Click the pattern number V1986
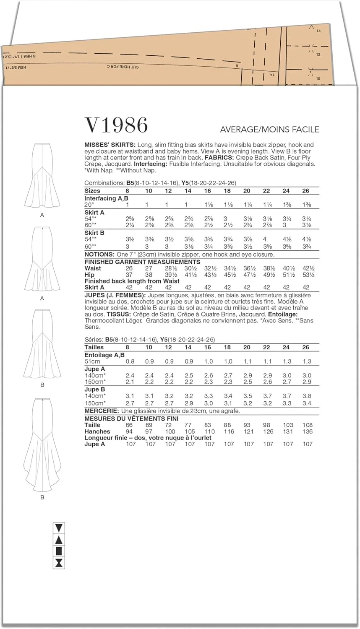click(116, 125)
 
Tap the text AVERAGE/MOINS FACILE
click(269, 129)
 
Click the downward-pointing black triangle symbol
click(59, 528)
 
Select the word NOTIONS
click(99, 254)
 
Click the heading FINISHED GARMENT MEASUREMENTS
click(136, 262)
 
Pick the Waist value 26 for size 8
click(129, 268)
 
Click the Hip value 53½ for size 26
click(308, 275)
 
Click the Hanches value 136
click(308, 431)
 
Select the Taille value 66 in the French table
click(129, 425)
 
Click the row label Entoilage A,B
click(104, 355)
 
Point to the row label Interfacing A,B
click(105, 198)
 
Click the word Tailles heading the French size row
click(94, 347)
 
